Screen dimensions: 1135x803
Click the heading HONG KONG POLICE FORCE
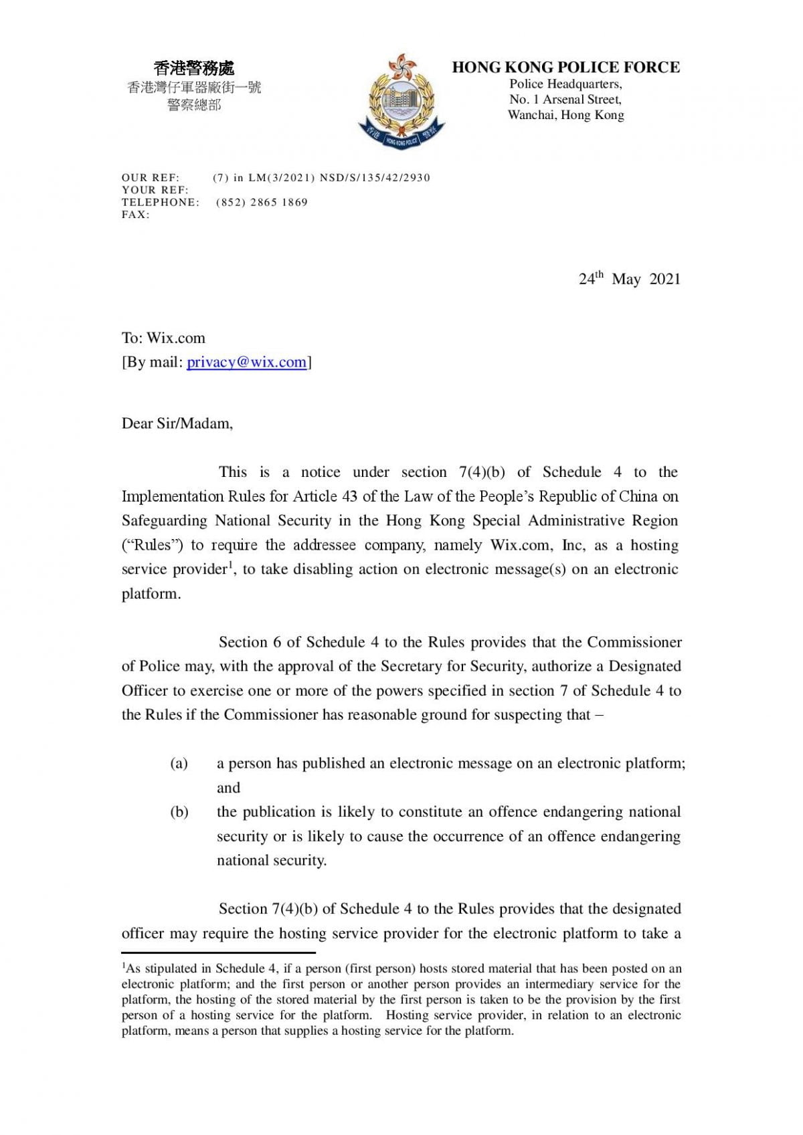(565, 67)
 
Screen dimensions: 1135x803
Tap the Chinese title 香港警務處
(194, 68)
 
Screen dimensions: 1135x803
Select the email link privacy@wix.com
(247, 362)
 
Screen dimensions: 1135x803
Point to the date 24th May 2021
(629, 279)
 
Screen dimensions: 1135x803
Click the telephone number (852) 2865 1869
(262, 202)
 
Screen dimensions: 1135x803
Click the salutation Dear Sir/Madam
(177, 423)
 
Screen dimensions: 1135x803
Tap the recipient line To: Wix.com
(163, 338)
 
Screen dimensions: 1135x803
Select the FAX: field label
(135, 215)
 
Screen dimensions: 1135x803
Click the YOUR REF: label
(155, 190)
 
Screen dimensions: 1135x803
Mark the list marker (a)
(179, 763)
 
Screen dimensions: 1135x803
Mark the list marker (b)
(179, 812)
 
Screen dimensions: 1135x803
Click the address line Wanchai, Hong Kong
(565, 115)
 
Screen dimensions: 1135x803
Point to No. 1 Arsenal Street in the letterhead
(565, 100)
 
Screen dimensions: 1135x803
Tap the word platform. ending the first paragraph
(151, 594)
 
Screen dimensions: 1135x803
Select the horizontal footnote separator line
(218, 952)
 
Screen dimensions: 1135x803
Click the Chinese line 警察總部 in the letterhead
(194, 105)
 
